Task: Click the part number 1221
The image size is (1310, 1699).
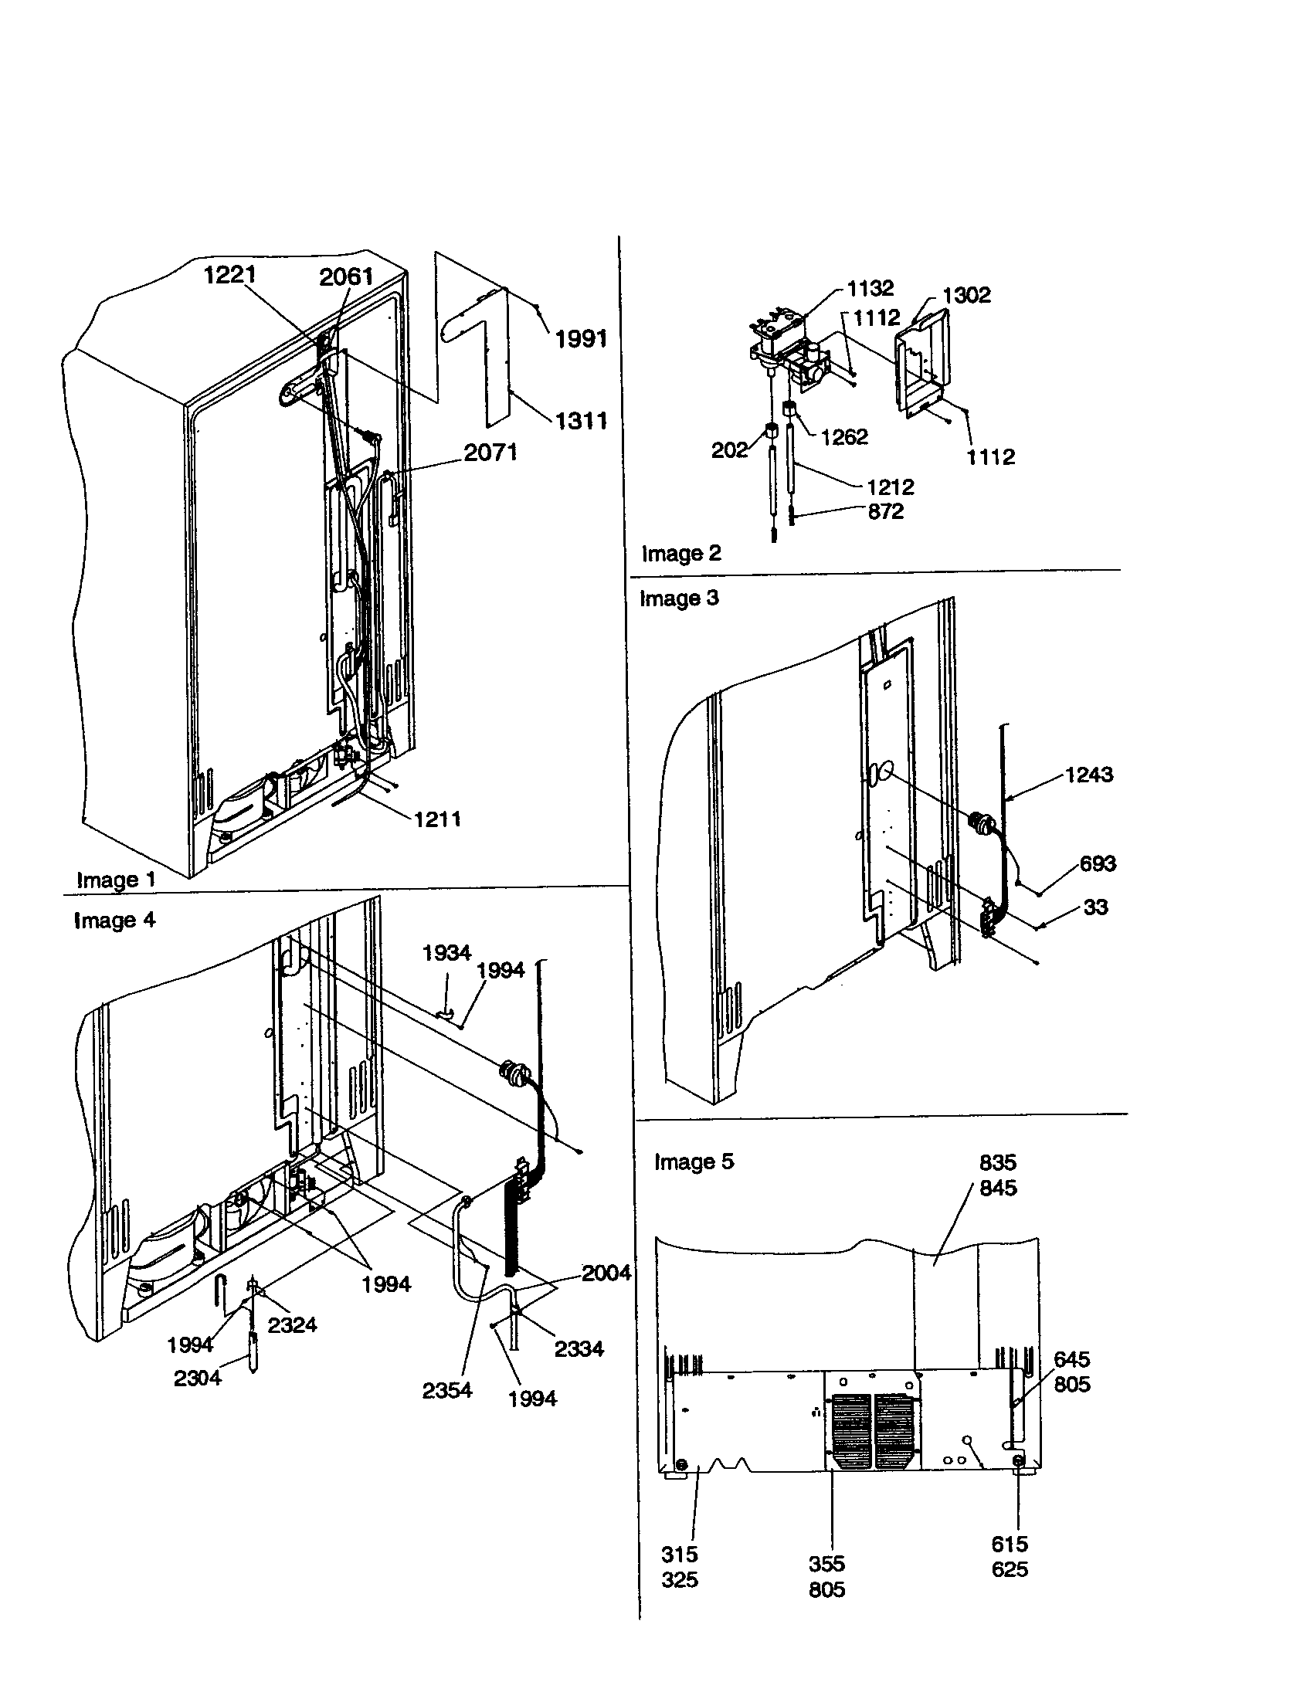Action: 229,275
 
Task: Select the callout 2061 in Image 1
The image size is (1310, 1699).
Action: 346,276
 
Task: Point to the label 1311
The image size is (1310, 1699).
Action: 581,421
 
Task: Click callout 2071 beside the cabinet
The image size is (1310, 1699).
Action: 490,452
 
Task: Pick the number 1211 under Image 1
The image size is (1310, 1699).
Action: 437,819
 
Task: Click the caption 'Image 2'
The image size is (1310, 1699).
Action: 680,553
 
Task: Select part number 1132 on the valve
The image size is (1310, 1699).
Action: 870,288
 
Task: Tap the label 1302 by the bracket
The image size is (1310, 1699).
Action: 966,295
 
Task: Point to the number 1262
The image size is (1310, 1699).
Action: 844,436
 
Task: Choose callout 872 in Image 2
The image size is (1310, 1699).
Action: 885,511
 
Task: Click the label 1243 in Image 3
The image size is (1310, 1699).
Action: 1088,774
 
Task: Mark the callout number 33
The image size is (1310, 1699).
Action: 1095,907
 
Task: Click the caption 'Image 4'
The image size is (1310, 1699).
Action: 114,921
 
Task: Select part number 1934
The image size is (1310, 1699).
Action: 446,952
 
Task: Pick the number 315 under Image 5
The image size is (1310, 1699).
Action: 679,1555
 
